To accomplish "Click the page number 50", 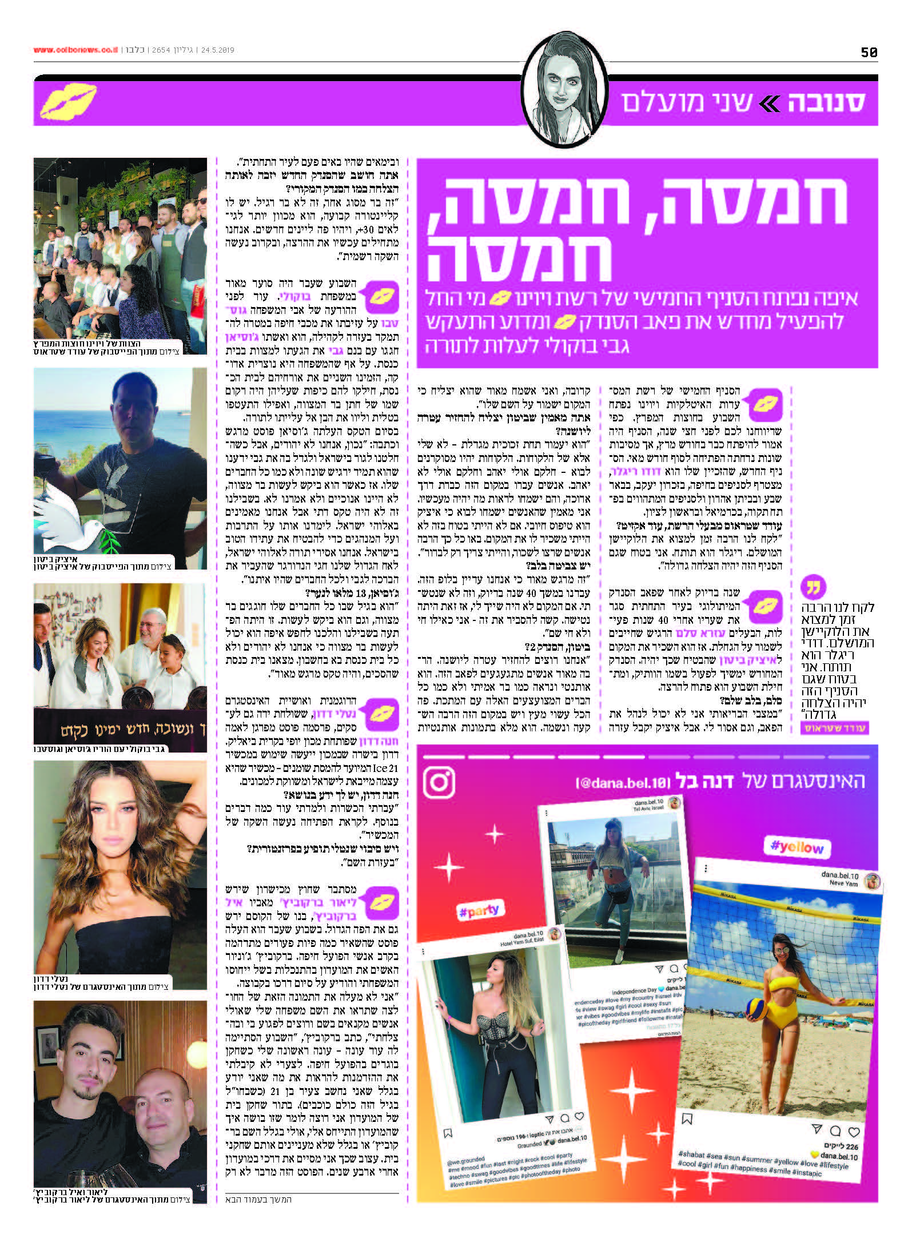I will (869, 52).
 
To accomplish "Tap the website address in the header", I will (75, 50).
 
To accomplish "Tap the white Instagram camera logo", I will (439, 782).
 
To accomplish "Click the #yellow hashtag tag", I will (797, 847).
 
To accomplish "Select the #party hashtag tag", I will (479, 910).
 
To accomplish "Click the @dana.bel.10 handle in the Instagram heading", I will (623, 782).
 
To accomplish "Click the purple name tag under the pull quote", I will (835, 728).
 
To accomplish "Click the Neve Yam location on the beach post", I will (843, 883).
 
